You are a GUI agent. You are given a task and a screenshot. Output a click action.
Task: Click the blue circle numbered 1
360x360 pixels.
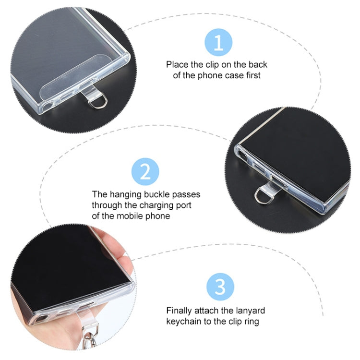click(x=218, y=42)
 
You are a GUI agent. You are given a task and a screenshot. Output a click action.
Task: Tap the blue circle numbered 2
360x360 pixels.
click(x=145, y=171)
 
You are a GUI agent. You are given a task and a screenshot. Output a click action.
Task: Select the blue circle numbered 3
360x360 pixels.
click(x=220, y=287)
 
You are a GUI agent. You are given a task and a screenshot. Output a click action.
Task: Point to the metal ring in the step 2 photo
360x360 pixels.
click(x=259, y=196)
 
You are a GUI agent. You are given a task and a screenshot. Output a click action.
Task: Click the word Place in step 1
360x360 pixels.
click(x=177, y=64)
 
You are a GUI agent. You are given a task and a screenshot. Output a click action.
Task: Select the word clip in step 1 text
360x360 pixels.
click(x=212, y=65)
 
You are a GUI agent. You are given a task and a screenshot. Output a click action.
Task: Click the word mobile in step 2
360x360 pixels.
click(x=130, y=216)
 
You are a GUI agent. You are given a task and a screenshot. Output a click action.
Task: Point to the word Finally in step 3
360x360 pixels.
click(x=179, y=311)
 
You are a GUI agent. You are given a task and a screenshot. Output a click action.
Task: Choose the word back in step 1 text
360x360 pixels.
click(x=258, y=64)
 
